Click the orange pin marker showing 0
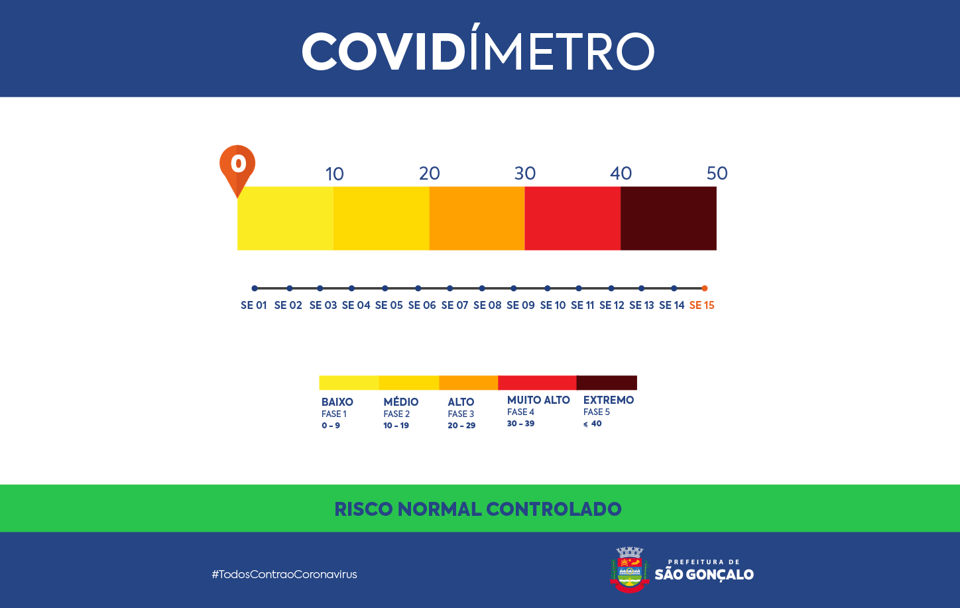point(237,164)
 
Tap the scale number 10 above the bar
point(334,174)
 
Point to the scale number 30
point(524,173)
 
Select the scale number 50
point(717,173)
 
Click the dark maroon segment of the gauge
point(668,218)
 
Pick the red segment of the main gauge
point(572,218)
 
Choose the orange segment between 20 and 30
point(477,218)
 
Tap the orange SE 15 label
point(701,305)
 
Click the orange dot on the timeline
point(704,288)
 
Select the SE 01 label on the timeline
point(253,305)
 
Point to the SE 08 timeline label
point(487,305)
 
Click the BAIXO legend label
point(337,402)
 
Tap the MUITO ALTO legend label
point(538,400)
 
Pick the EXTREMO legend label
point(608,400)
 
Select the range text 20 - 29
point(461,426)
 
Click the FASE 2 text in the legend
point(396,414)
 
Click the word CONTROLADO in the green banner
point(554,509)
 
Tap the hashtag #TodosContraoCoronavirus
point(284,574)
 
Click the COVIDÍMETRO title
point(478,51)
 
